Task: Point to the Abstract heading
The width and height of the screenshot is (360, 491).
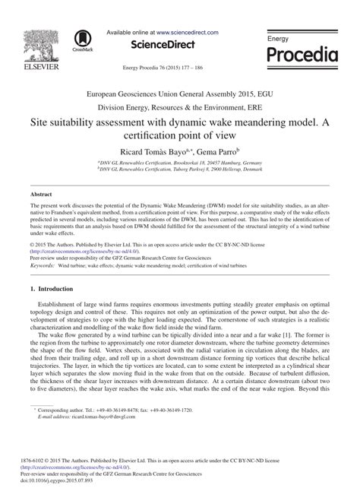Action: click(41, 195)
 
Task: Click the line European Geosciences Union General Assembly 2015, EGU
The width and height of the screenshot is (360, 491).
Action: click(180, 90)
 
